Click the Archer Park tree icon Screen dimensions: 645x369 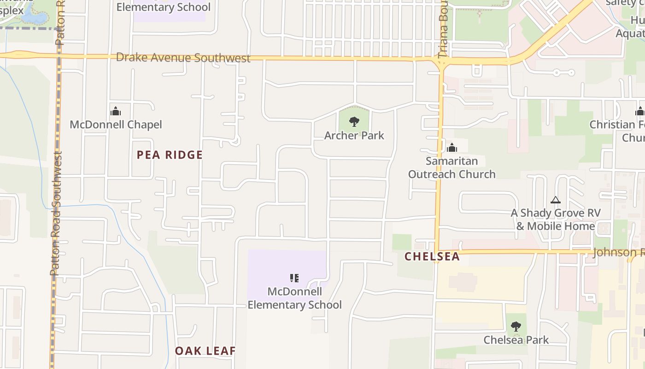pyautogui.click(x=354, y=122)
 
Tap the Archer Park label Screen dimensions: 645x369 pyautogui.click(x=354, y=136)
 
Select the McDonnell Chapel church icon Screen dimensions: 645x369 pyautogui.click(x=115, y=111)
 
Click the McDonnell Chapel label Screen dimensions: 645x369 pyautogui.click(x=116, y=125)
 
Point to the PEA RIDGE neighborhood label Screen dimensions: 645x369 pyautogui.click(x=170, y=155)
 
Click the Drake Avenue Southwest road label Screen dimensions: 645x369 pyautogui.click(x=183, y=58)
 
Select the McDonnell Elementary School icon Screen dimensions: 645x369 pyautogui.click(x=294, y=278)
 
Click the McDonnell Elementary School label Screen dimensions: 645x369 pyautogui.click(x=295, y=298)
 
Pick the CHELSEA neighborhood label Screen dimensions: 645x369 pyautogui.click(x=432, y=257)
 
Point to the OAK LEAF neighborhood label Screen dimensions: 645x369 pyautogui.click(x=205, y=351)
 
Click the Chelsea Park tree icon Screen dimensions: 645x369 pyautogui.click(x=516, y=327)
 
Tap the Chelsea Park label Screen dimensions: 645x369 pyautogui.click(x=516, y=340)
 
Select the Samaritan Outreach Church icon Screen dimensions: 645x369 pyautogui.click(x=452, y=148)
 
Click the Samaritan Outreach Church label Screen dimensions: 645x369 pyautogui.click(x=452, y=167)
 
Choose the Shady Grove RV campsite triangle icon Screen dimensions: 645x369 pyautogui.click(x=556, y=200)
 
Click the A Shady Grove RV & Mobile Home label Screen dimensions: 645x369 pyautogui.click(x=556, y=220)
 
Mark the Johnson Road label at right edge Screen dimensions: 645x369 pyautogui.click(x=618, y=252)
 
